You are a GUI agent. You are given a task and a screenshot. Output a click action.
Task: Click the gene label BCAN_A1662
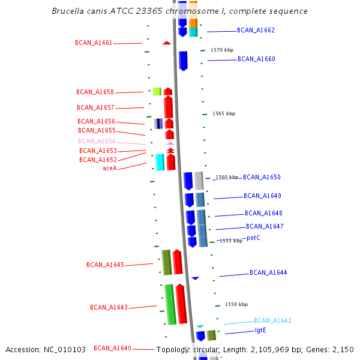pyautogui.click(x=256, y=30)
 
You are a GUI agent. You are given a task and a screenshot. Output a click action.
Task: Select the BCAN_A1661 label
pyautogui.click(x=94, y=43)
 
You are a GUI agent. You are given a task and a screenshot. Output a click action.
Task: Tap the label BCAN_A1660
pyautogui.click(x=256, y=59)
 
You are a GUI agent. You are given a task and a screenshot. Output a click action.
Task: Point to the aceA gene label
pyautogui.click(x=110, y=168)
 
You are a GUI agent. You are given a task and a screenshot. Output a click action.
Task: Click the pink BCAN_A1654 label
pyautogui.click(x=97, y=142)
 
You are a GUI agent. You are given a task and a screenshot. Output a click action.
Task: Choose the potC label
pyautogui.click(x=253, y=238)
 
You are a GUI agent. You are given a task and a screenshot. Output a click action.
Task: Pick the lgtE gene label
pyautogui.click(x=260, y=330)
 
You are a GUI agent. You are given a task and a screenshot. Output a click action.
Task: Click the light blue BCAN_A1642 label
pyautogui.click(x=272, y=320)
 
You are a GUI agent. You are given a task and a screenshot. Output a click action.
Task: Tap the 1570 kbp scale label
pyautogui.click(x=222, y=50)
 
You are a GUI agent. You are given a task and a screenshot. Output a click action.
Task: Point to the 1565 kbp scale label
pyautogui.click(x=224, y=113)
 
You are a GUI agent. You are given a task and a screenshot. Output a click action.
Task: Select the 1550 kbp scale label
pyautogui.click(x=236, y=304)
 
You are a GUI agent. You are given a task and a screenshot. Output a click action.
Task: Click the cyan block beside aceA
pyautogui.click(x=160, y=162)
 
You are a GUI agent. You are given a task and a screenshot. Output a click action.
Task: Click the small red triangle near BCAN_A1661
pyautogui.click(x=166, y=43)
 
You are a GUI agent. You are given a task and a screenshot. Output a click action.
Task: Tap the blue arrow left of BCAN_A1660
pyautogui.click(x=183, y=61)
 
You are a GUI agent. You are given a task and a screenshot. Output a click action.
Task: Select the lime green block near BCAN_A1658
pyautogui.click(x=157, y=91)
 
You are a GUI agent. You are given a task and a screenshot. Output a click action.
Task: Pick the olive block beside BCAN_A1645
pyautogui.click(x=166, y=262)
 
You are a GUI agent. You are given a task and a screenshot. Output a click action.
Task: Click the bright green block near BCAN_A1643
pyautogui.click(x=170, y=304)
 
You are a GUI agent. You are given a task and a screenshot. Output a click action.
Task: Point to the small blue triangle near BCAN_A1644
pyautogui.click(x=195, y=278)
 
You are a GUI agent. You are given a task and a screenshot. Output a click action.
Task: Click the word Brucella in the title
pyautogui.click(x=69, y=11)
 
